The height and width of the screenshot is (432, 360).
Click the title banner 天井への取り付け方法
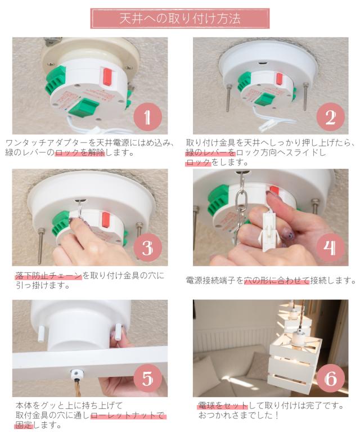[x=180, y=19]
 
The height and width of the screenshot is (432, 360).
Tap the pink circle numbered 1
[x=147, y=117]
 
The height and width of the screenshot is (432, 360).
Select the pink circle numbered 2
[x=331, y=117]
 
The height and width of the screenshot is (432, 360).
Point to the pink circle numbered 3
[x=147, y=247]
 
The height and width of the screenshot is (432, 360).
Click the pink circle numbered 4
[x=331, y=247]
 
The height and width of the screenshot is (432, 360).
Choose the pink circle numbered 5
[x=147, y=378]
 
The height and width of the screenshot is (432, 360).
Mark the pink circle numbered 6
[x=331, y=378]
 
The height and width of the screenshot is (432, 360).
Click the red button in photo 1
[x=107, y=76]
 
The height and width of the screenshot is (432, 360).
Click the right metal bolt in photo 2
[x=305, y=96]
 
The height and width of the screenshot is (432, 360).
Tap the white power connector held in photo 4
[x=269, y=231]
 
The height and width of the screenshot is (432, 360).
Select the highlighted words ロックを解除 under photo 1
[x=80, y=152]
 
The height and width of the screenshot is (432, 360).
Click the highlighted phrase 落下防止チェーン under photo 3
[x=49, y=276]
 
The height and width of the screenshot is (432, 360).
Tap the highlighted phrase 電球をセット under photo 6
[x=223, y=405]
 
